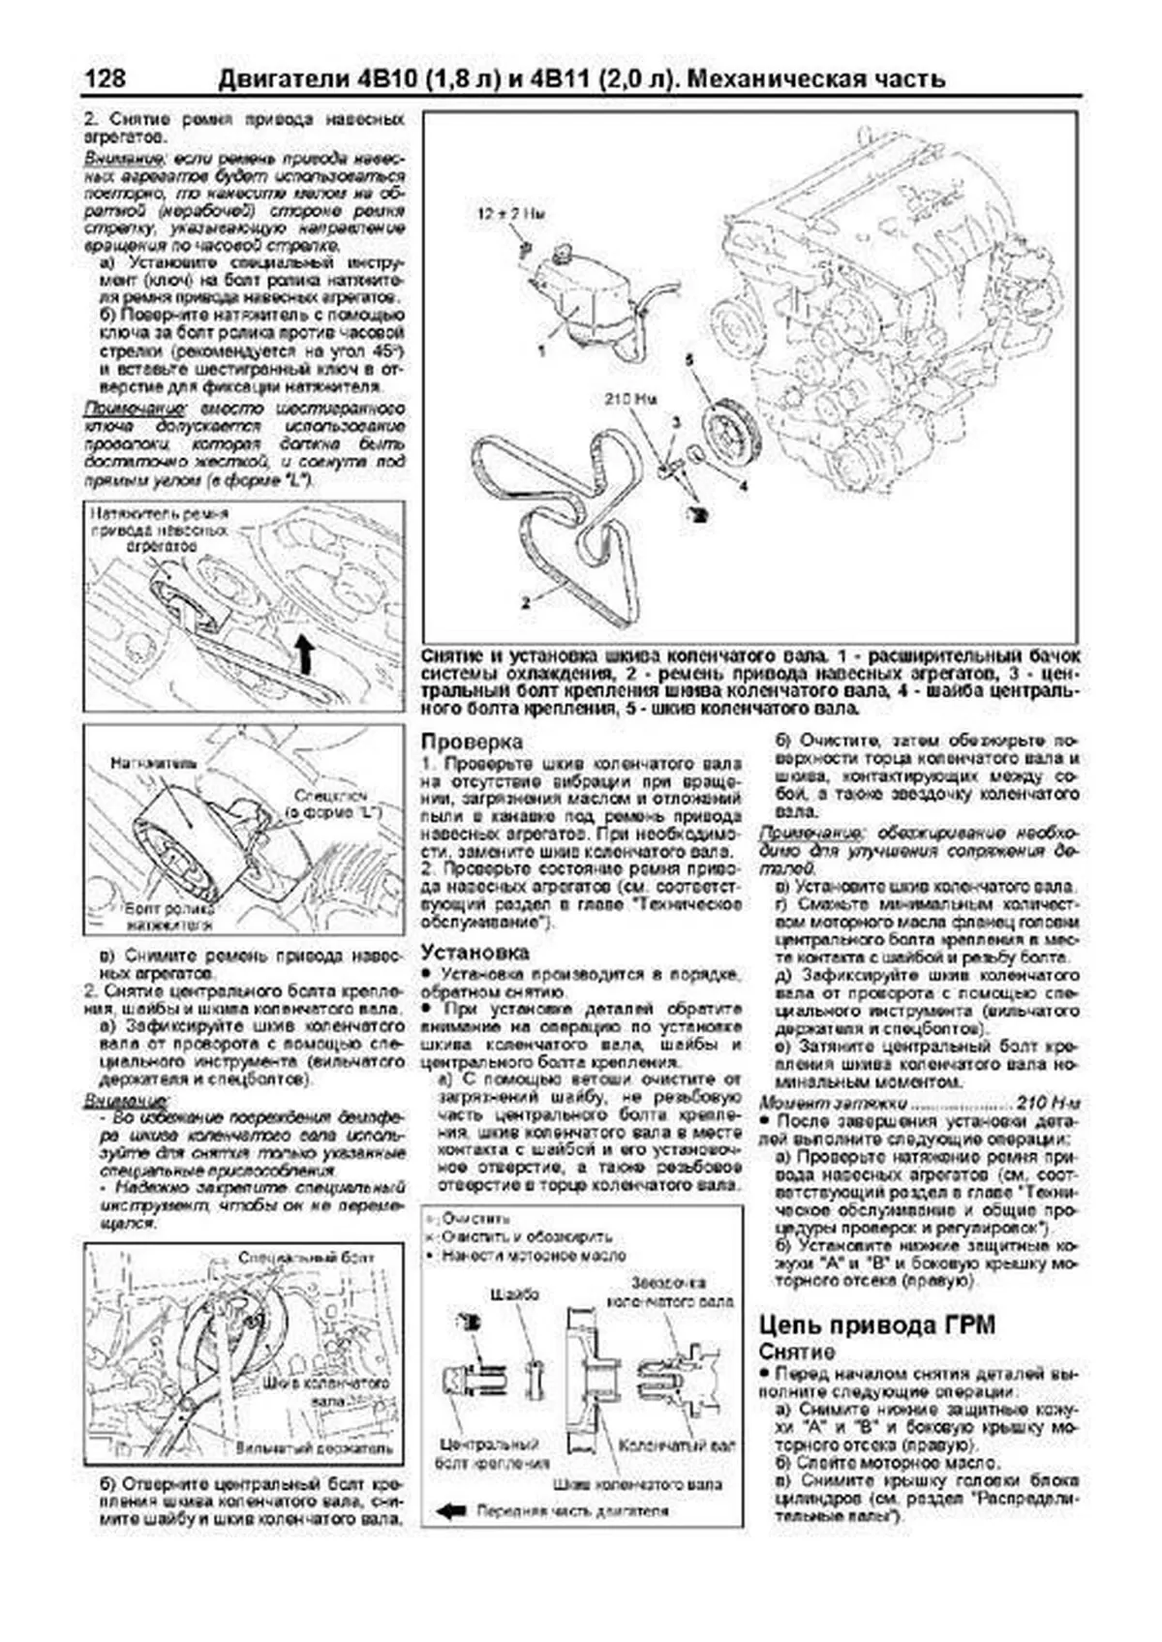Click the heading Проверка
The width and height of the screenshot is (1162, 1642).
click(x=472, y=741)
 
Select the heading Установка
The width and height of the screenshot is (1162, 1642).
click(x=475, y=952)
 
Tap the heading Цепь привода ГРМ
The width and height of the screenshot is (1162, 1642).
click(x=876, y=1324)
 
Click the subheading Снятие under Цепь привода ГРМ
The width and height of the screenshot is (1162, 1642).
click(x=796, y=1352)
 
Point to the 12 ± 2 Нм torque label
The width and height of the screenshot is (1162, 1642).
click(x=509, y=213)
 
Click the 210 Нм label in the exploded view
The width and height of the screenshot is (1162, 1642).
click(x=630, y=398)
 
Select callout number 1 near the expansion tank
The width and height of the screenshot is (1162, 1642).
click(x=541, y=351)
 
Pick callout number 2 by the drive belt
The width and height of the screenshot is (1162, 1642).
click(x=525, y=601)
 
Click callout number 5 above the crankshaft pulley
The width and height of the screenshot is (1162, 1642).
click(x=689, y=359)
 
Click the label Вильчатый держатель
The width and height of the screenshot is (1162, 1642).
click(x=314, y=1448)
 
